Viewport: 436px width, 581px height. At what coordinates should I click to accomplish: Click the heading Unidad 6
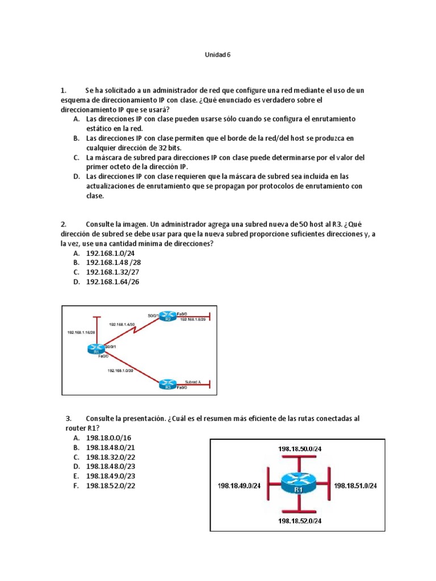(x=217, y=55)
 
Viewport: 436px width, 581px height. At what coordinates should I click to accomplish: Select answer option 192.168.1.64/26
(x=112, y=281)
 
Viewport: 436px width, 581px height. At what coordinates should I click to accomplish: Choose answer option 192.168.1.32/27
(x=112, y=272)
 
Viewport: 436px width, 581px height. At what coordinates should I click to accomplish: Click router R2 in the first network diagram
(x=167, y=316)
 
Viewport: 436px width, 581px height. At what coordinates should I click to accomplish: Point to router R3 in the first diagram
(x=167, y=384)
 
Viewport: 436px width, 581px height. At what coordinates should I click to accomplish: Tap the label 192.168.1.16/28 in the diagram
(x=81, y=332)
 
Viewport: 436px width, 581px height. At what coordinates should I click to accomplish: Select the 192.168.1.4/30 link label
(x=122, y=324)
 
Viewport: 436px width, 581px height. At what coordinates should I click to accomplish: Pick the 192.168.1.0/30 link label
(x=120, y=370)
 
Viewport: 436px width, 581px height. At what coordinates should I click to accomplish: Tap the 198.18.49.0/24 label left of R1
(x=239, y=486)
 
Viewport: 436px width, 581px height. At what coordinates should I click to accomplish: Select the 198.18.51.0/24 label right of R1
(x=355, y=486)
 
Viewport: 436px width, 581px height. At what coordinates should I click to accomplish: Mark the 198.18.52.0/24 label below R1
(x=300, y=520)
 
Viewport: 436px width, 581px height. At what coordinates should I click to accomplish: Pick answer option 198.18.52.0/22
(x=110, y=486)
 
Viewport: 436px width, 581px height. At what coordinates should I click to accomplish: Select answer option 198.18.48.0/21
(x=110, y=448)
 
